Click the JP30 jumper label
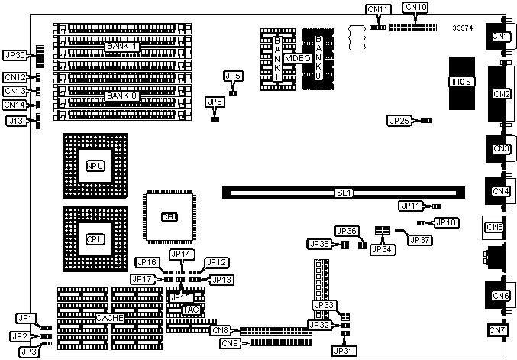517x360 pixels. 15,55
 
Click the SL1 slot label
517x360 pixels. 344,193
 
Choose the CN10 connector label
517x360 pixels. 417,8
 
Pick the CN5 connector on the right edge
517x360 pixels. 493,227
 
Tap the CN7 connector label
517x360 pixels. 498,330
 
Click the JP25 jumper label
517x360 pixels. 399,121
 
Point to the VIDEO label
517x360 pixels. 297,59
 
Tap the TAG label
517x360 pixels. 181,310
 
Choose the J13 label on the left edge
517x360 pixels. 15,121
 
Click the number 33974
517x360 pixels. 463,28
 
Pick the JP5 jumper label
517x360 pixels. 233,76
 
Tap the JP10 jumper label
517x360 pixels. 445,222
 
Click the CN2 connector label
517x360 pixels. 502,94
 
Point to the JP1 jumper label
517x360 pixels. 26,318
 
